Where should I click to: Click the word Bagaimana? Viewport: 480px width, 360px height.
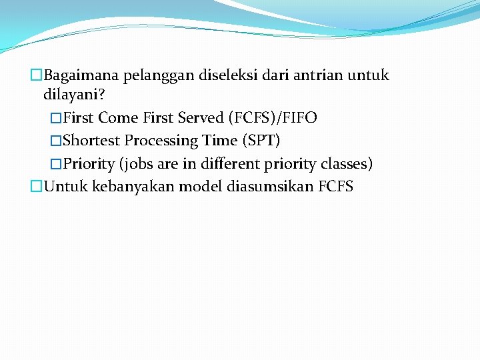83,75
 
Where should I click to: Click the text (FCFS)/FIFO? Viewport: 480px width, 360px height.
273,118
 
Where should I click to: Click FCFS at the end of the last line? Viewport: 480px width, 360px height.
336,186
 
